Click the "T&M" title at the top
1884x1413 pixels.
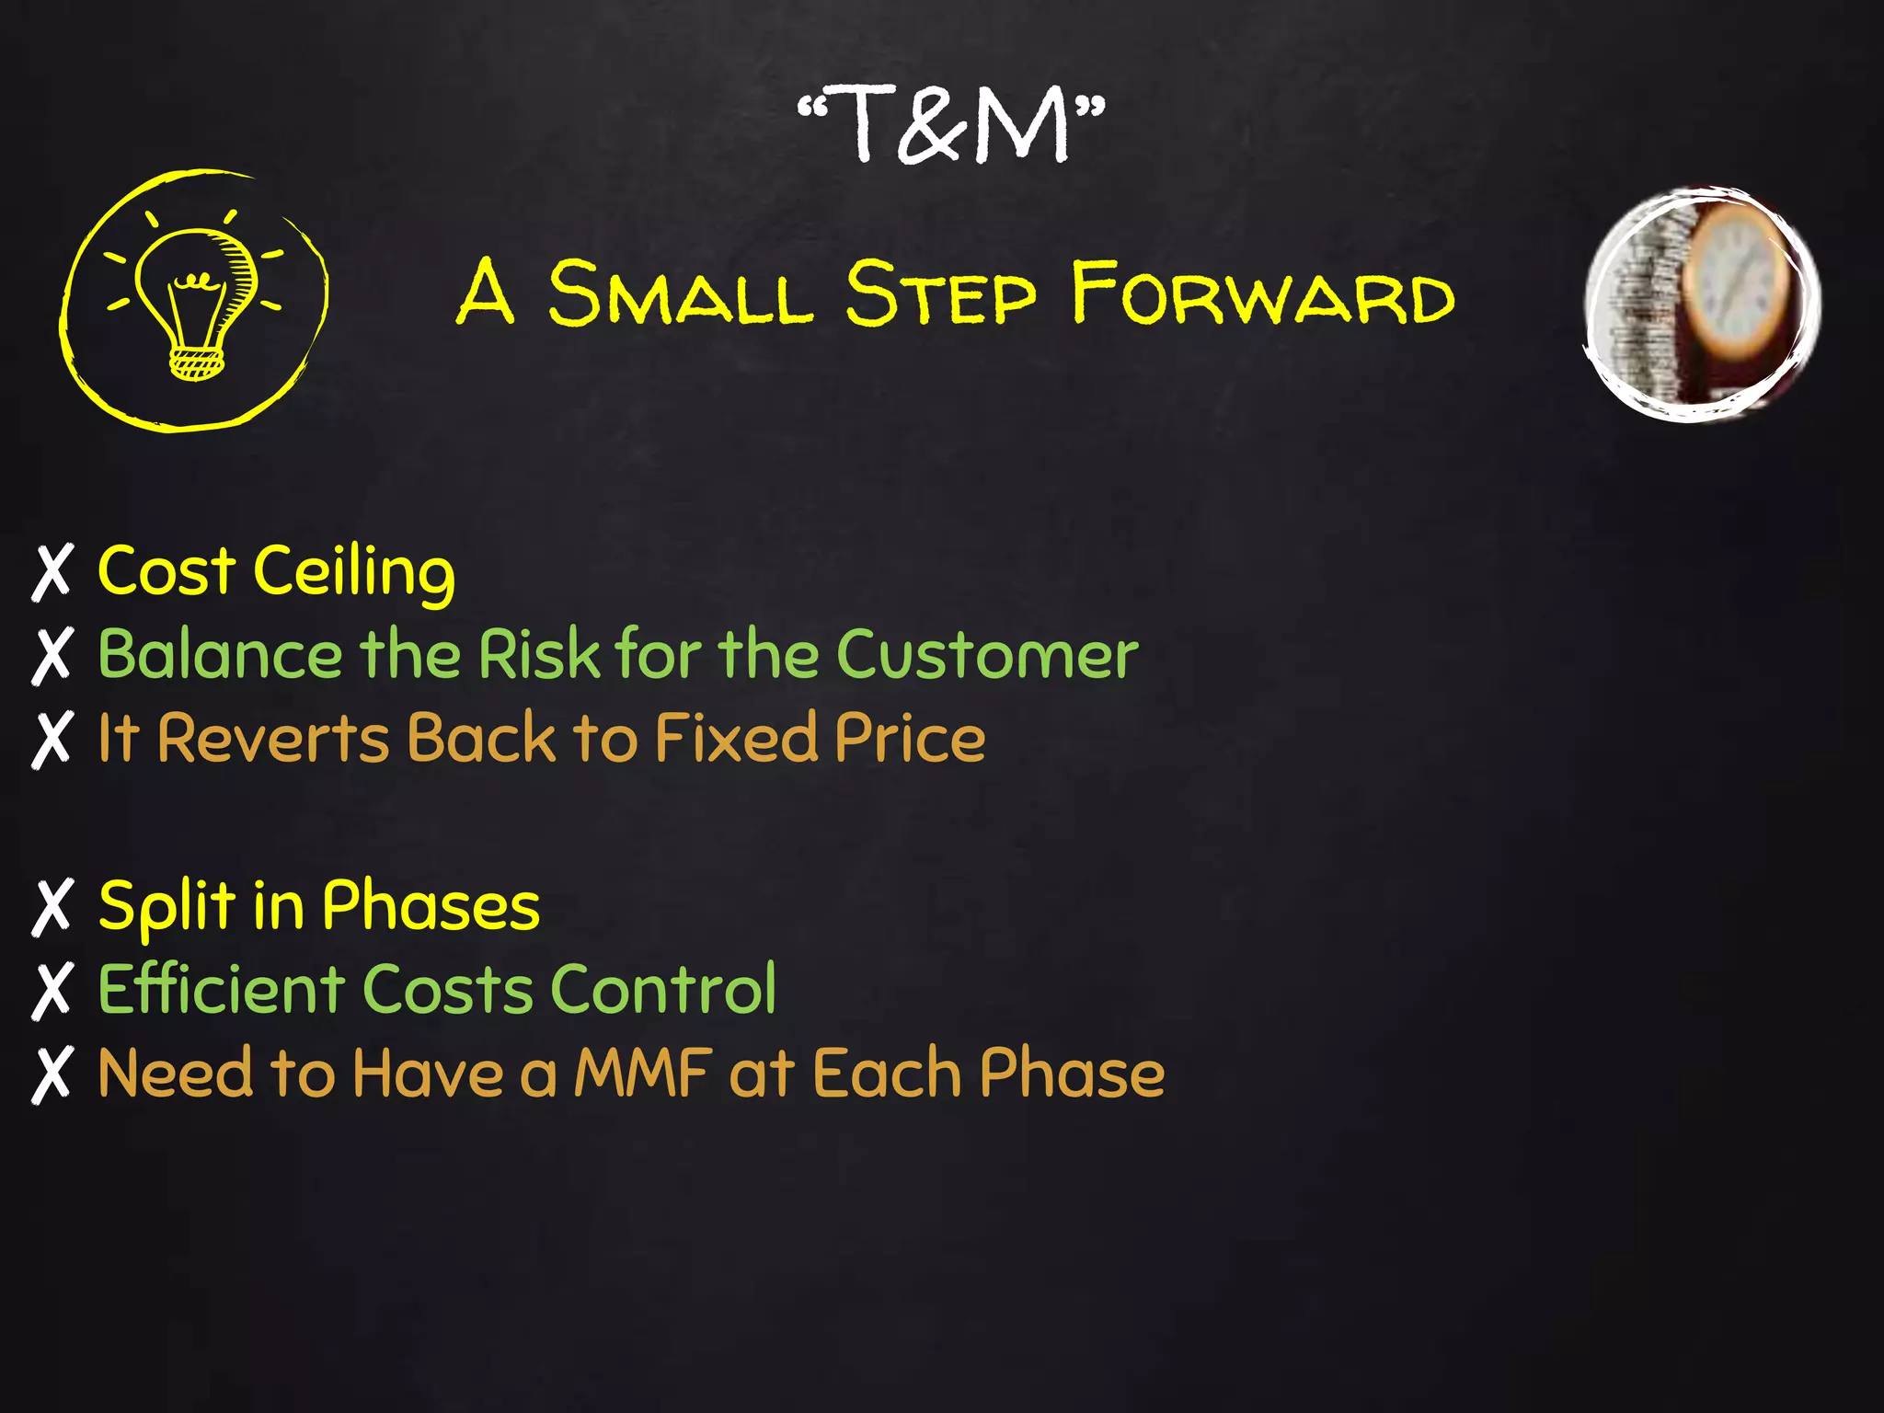(951, 124)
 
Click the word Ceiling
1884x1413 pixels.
(354, 572)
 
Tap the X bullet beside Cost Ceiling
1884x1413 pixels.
(52, 572)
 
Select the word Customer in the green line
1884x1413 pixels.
(987, 655)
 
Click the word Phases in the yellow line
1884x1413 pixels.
(431, 907)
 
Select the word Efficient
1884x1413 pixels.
(222, 990)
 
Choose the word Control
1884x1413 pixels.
(663, 990)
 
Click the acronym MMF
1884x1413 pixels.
(643, 1074)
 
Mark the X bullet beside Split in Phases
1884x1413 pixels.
(52, 907)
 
